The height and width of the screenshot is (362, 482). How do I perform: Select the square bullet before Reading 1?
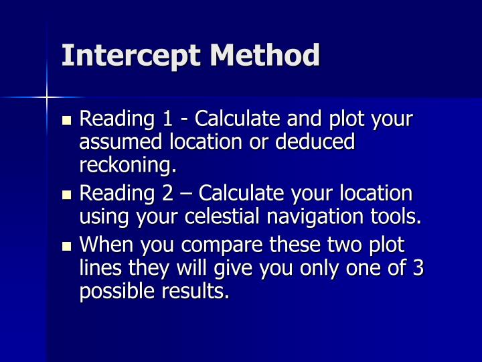point(66,121)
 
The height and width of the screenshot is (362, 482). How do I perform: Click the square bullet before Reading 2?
point(66,196)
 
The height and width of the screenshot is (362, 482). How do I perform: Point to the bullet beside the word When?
point(66,246)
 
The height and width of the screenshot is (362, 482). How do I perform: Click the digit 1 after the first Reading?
point(168,120)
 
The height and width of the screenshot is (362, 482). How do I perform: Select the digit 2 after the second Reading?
point(169,194)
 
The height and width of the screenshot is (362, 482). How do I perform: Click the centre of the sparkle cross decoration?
point(48,97)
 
